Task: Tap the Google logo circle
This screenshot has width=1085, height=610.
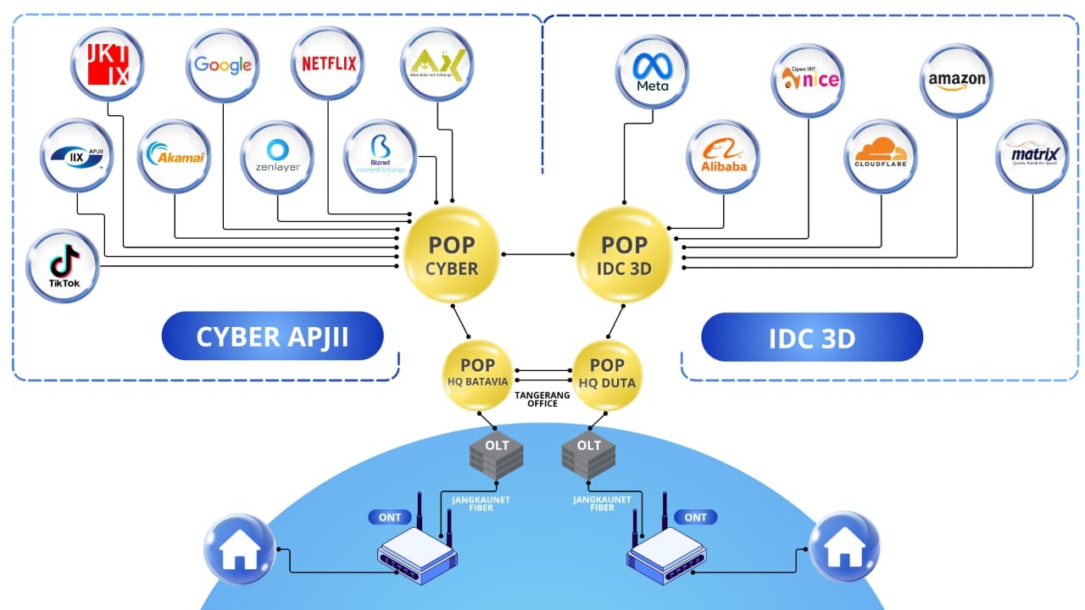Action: [x=223, y=65]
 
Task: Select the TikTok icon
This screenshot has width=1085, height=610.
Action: [x=64, y=265]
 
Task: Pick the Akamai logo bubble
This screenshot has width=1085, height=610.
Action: [x=175, y=156]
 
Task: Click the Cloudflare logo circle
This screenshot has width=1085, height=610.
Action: [x=881, y=155]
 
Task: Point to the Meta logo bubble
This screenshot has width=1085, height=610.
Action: [x=652, y=71]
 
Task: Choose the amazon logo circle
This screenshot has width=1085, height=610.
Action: [x=957, y=80]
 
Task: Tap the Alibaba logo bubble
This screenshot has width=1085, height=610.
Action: [x=723, y=156]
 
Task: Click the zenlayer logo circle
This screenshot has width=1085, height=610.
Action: [x=277, y=156]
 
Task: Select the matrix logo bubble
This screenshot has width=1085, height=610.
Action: [x=1032, y=156]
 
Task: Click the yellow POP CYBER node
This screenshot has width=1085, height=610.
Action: [x=452, y=255]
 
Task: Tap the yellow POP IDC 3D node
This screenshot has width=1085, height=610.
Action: [x=625, y=255]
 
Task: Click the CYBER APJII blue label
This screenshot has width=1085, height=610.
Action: [x=272, y=337]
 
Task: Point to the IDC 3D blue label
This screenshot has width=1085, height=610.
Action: [x=811, y=339]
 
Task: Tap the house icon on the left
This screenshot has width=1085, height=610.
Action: [x=239, y=549]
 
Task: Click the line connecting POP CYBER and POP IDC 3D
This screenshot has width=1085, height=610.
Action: [x=538, y=253]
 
